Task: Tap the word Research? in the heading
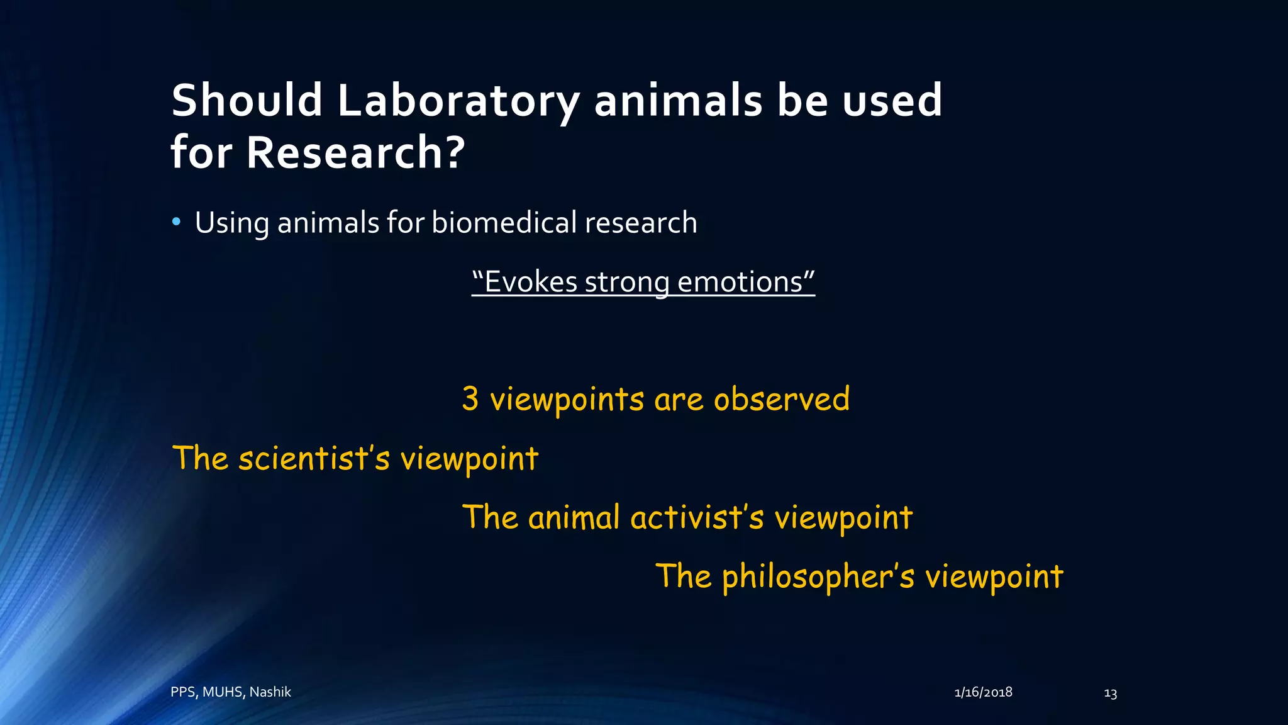tap(355, 153)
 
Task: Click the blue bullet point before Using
tap(177, 222)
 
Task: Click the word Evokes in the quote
tap(531, 282)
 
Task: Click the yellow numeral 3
tap(470, 399)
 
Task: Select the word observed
tap(782, 399)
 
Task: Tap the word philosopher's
tap(818, 576)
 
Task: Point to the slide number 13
tap(1110, 694)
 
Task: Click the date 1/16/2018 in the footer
tap(983, 692)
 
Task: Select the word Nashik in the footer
tap(270, 692)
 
